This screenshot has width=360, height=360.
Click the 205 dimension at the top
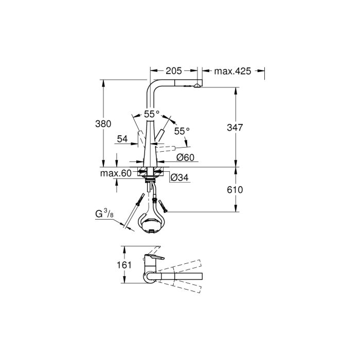coord(173,71)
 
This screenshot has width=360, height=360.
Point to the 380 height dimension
coord(104,124)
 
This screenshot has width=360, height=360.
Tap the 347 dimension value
coord(235,127)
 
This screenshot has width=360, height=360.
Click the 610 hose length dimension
coord(235,190)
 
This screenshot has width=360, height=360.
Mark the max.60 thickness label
coord(116,173)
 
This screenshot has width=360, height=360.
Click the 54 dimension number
coord(122,138)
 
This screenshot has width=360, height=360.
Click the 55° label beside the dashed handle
coord(182,131)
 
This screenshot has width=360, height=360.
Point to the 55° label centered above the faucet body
coord(152,114)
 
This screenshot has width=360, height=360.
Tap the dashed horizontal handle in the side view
coord(170,149)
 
